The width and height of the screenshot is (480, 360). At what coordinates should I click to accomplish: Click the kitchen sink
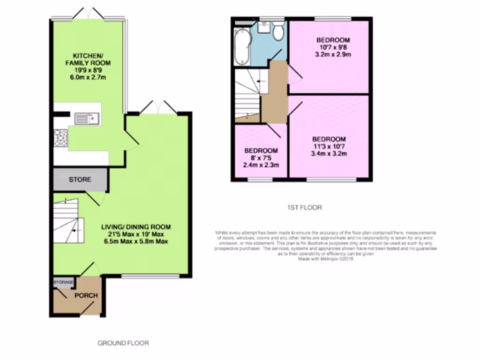84,119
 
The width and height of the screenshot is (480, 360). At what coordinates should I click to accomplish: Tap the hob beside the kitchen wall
60,138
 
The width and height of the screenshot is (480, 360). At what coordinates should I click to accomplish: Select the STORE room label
80,180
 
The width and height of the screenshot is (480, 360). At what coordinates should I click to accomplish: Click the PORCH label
86,295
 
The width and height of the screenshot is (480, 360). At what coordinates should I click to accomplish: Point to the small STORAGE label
63,282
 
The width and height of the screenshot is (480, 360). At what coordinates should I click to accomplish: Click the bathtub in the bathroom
242,45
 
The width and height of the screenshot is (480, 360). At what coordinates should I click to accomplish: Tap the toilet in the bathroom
278,31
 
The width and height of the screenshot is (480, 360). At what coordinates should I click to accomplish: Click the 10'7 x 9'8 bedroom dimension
333,47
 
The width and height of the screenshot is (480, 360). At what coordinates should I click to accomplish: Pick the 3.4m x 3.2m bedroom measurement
329,153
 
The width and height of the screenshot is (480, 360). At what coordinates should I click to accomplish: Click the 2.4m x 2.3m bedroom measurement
261,165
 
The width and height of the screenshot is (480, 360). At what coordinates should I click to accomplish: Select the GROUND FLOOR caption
123,343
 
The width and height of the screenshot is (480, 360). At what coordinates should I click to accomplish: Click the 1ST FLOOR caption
305,207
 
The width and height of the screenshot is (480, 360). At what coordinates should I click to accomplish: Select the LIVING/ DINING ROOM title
136,227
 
